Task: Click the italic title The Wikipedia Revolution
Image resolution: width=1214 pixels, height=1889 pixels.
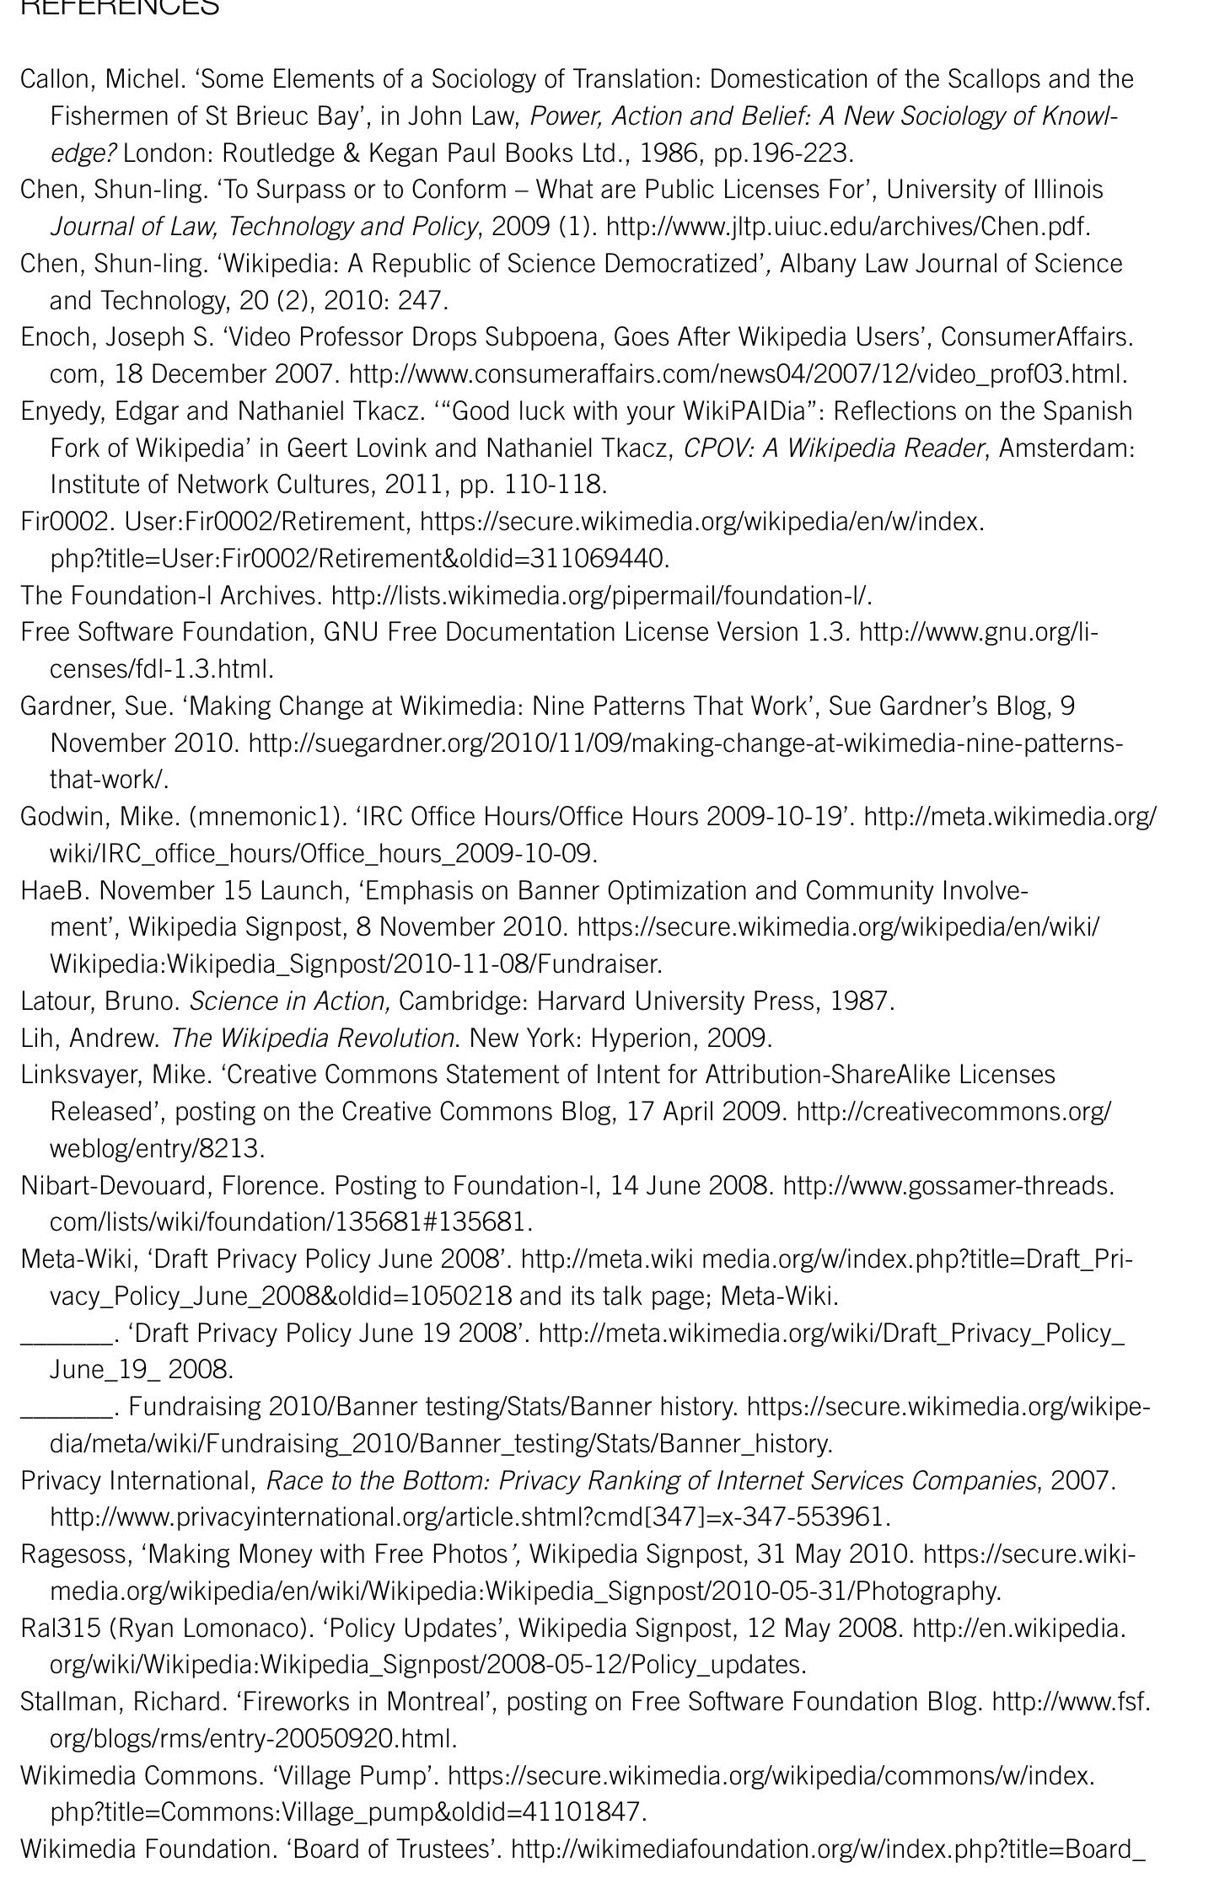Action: pos(312,1038)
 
